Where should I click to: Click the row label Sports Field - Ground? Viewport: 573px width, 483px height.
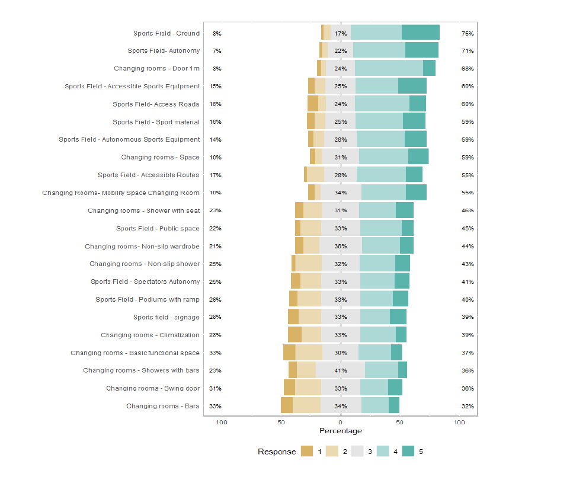166,34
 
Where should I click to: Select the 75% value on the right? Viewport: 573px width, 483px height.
468,34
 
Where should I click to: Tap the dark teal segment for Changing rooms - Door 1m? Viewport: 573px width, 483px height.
429,68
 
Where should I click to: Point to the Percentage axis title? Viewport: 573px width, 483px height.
340,431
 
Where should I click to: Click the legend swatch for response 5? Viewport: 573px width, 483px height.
408,452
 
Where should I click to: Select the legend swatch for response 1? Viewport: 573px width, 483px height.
307,452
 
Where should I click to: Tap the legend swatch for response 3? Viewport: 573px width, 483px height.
357,452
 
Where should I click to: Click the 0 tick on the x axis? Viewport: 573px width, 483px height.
340,423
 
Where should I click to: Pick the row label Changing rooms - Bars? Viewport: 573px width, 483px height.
162,407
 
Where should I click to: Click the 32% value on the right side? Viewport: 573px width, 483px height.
468,407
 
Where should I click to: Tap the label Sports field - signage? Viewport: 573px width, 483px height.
166,318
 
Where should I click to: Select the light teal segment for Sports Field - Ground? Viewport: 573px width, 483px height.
376,33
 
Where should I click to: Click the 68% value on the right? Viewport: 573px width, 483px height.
468,69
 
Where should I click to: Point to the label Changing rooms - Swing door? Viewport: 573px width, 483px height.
153,389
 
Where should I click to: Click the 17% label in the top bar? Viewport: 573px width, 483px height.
340,34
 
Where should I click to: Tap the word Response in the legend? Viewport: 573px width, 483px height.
277,452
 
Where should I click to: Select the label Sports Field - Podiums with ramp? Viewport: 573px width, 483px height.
148,300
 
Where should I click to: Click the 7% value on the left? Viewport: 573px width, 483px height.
217,51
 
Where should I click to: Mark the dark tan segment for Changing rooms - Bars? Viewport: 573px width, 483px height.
287,405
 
